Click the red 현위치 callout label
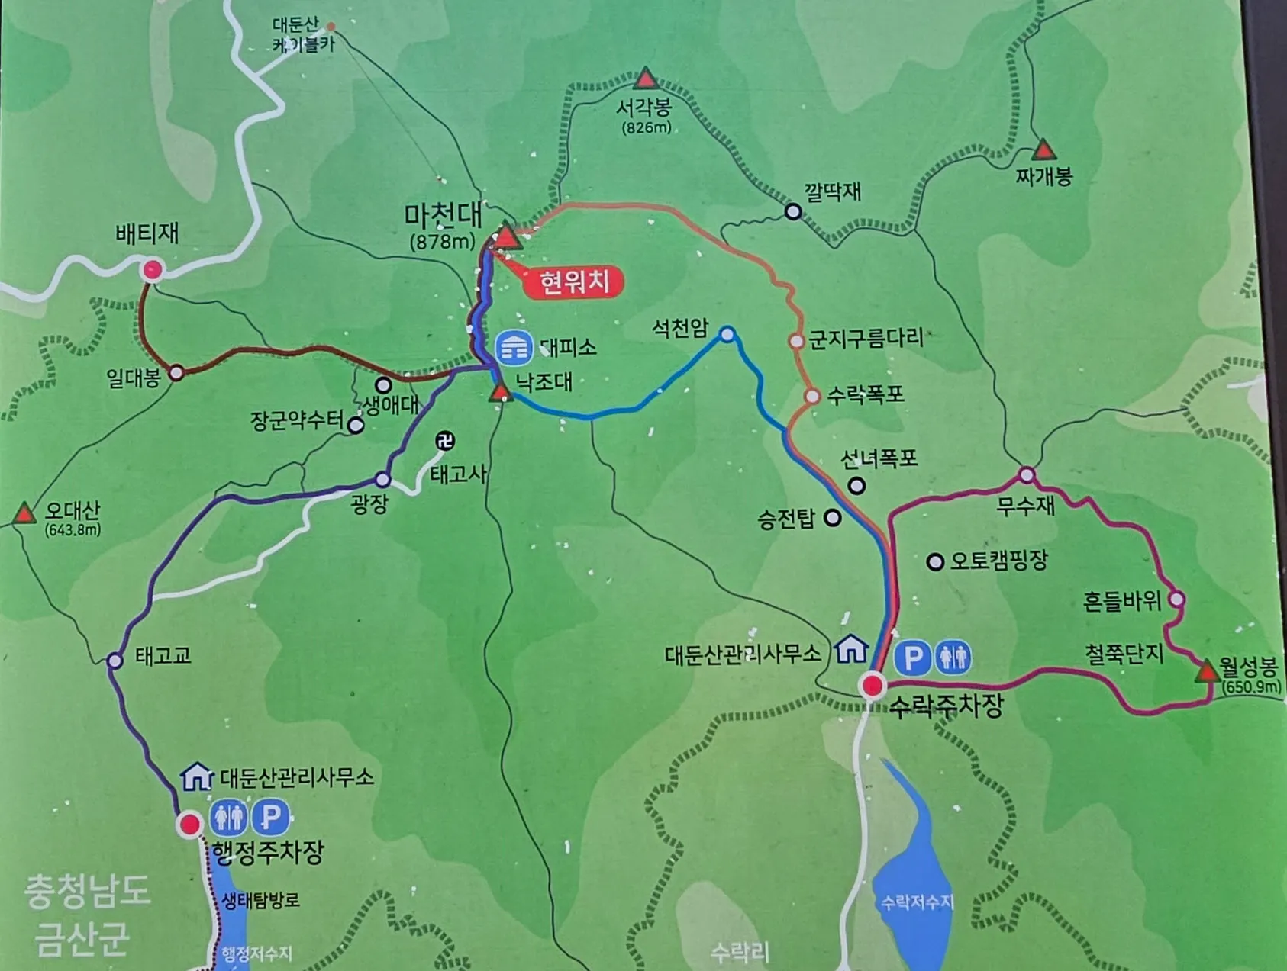575,283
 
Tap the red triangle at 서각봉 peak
646,79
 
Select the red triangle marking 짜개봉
1043,150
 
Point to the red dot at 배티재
153,269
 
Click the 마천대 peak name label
443,217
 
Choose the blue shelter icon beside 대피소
514,348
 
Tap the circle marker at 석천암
727,334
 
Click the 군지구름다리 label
866,338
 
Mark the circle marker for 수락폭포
812,396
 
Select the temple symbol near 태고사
445,441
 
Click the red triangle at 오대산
24,513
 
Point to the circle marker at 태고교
115,661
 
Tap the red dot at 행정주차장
189,824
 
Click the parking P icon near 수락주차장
912,657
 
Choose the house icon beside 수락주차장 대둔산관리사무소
851,649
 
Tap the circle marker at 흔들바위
1176,600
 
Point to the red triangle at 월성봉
1207,671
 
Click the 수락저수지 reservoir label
918,903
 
